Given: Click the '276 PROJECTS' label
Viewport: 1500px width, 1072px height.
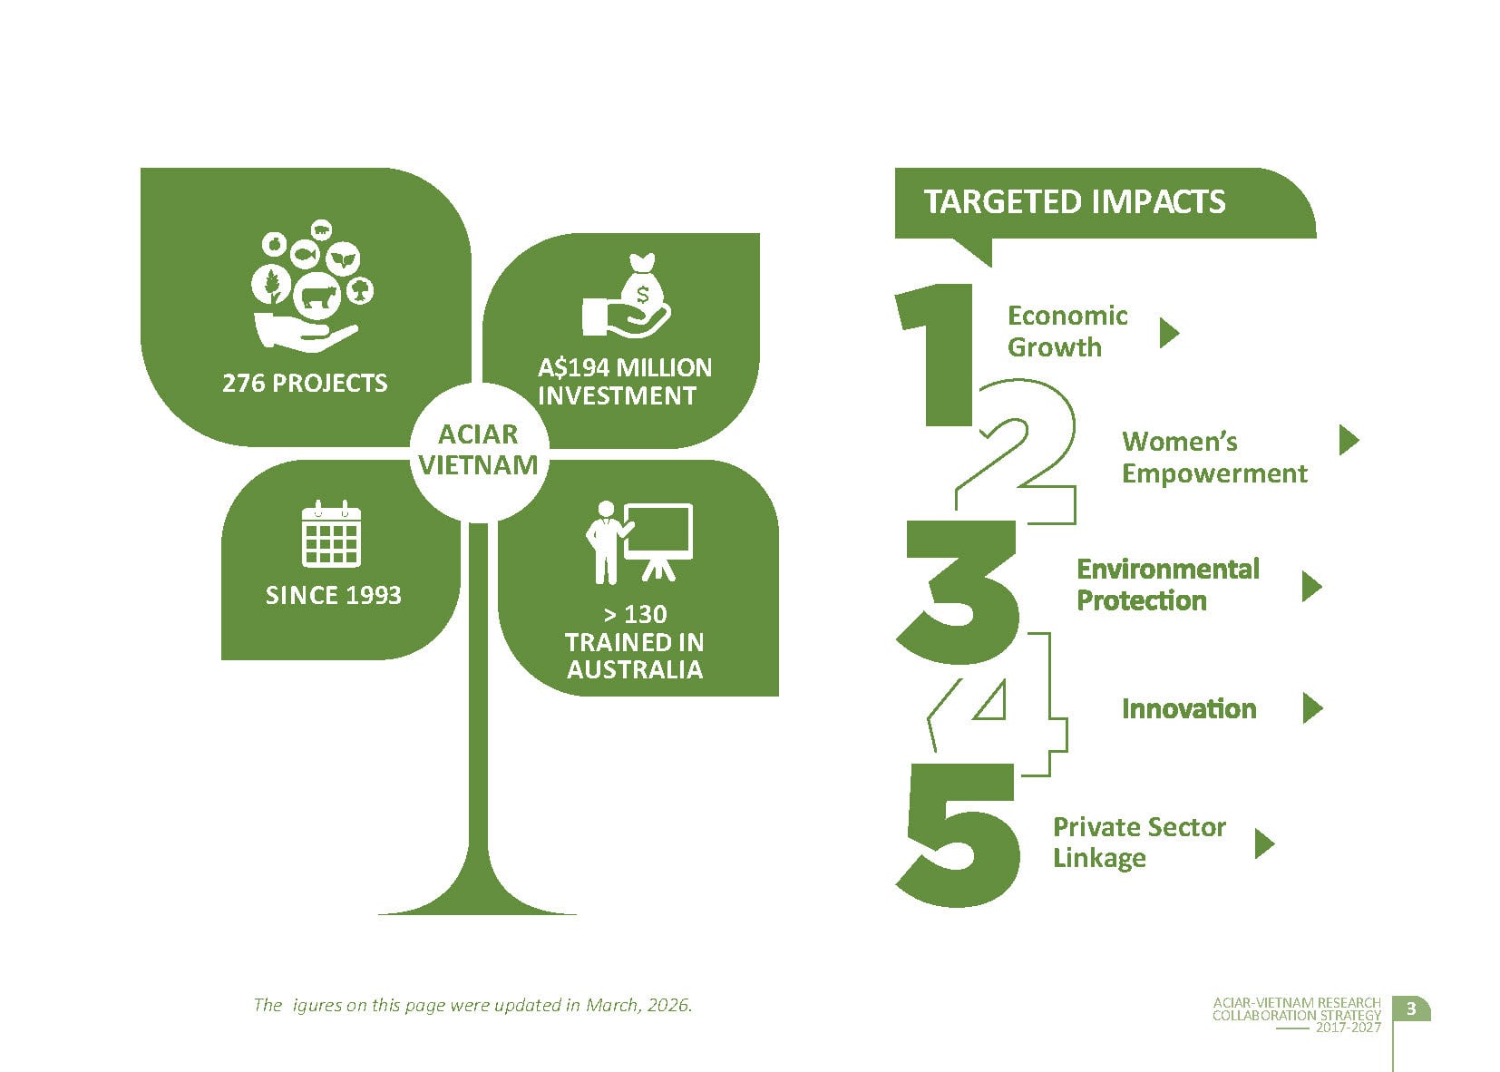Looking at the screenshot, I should coord(305,383).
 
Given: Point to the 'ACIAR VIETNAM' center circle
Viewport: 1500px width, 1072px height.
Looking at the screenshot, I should coord(478,450).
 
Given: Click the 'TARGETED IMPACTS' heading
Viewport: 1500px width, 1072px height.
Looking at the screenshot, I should coord(1074,201).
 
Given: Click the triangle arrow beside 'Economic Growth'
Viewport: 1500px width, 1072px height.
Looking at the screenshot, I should coord(1169,333).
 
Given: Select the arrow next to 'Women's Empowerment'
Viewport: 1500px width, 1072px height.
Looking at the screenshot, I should coord(1349,440).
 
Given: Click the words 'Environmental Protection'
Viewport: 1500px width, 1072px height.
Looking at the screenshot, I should coord(1167,585).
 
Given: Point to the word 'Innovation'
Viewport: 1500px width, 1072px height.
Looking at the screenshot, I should coord(1189,708).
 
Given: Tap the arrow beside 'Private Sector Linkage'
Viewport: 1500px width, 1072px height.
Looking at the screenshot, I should coord(1263,843).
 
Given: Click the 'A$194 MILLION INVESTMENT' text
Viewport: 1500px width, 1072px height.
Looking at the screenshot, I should coord(625,382).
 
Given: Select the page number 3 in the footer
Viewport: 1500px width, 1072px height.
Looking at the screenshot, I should coord(1410,1009).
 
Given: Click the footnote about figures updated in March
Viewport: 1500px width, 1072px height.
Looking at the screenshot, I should coord(472,1005).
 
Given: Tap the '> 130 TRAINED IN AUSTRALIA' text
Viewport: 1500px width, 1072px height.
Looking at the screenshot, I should coord(635,642).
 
